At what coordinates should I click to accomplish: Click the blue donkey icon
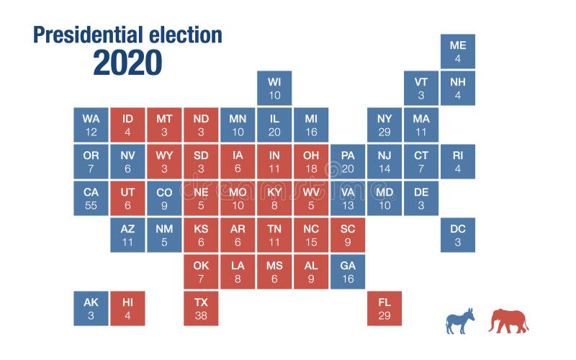(x=459, y=321)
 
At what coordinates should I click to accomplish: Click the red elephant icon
(x=508, y=320)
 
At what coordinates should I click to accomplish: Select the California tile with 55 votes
(x=91, y=198)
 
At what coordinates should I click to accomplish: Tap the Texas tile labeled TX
(x=201, y=308)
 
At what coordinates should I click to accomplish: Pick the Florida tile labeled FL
(x=384, y=308)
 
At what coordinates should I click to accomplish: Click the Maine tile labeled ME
(x=458, y=51)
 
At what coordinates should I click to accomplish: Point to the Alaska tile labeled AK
(x=91, y=308)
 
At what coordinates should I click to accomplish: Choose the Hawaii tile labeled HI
(x=128, y=308)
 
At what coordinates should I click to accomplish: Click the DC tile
(x=458, y=235)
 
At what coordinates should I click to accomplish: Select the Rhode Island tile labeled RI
(x=458, y=161)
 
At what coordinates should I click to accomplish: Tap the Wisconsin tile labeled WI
(x=274, y=88)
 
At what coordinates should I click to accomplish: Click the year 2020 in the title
(x=127, y=63)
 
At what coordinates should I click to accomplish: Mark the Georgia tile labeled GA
(x=348, y=271)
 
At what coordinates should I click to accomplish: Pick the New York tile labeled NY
(x=384, y=125)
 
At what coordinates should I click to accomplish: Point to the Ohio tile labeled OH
(x=311, y=161)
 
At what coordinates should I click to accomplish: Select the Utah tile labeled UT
(x=128, y=198)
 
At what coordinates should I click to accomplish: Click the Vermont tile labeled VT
(x=421, y=88)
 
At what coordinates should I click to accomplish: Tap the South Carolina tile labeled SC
(x=348, y=235)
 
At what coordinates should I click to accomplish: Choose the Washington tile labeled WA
(x=91, y=125)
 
